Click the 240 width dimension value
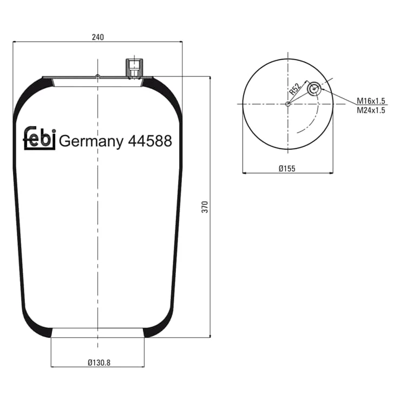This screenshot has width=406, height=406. coord(98,37)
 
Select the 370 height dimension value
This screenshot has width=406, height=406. coord(205,207)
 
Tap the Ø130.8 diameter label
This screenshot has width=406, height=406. coord(99,363)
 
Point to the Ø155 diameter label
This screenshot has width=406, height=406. coord(287,169)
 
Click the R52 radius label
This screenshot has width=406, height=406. coord(295,89)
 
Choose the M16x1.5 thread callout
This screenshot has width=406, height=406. coord(371,101)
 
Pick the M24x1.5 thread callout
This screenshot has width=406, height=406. coord(371,110)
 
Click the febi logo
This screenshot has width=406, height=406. coord(40,138)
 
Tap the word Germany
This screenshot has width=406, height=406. coord(91,142)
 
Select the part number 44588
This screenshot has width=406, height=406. coord(150,141)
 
